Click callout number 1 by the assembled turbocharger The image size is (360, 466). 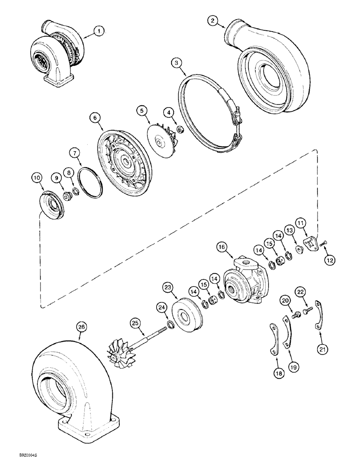tap(98, 31)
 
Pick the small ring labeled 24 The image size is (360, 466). tap(171, 325)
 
